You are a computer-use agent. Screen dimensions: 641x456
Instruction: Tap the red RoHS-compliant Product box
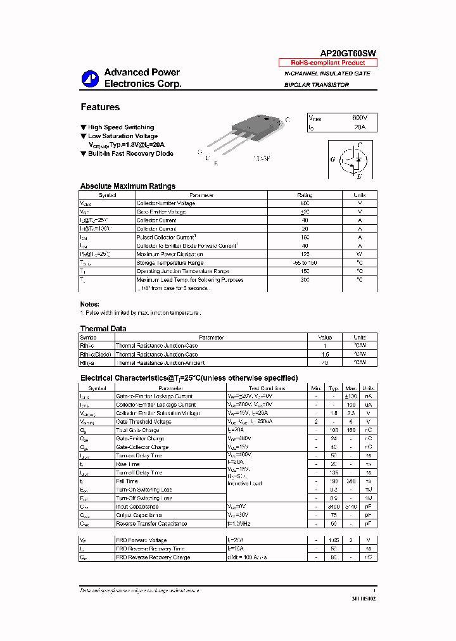tap(327, 63)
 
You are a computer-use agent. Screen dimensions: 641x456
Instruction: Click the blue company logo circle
tap(89, 78)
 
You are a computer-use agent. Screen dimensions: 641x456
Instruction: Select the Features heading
tap(100, 107)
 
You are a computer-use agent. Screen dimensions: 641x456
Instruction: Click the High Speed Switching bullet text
tap(120, 127)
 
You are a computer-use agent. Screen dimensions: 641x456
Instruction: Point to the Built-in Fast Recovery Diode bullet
tap(130, 153)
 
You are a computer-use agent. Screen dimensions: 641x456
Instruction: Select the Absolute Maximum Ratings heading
tap(128, 186)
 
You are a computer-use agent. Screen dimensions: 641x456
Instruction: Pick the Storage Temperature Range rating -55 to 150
tap(305, 262)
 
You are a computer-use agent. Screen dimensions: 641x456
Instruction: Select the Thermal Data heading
tap(103, 328)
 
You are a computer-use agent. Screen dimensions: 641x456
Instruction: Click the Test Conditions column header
tap(267, 388)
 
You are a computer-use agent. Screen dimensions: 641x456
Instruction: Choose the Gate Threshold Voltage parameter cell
tap(143, 422)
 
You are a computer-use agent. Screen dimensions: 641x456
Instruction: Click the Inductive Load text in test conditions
tap(244, 483)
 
